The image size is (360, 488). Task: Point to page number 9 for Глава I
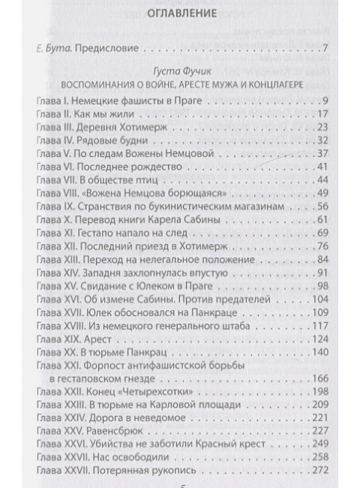(326, 101)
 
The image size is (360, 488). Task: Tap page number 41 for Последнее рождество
(322, 166)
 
